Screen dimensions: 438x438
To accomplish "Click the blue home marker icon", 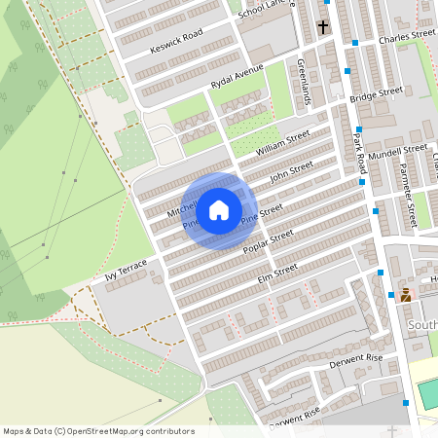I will coord(219,209).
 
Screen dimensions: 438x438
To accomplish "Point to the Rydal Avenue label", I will coord(238,77).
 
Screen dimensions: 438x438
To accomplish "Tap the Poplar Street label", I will coord(268,241).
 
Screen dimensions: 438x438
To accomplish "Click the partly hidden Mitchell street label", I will coord(181,208).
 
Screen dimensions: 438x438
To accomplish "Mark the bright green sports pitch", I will coord(427,393).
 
